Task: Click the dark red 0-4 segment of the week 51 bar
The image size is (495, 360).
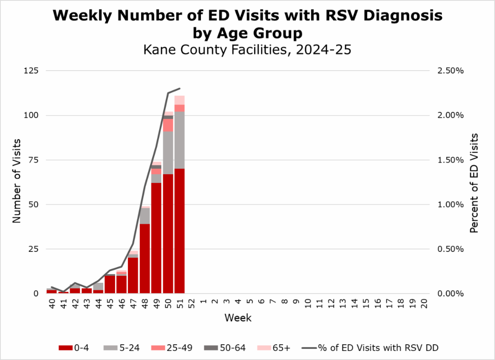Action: click(x=179, y=231)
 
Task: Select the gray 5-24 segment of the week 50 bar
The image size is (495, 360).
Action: click(x=168, y=153)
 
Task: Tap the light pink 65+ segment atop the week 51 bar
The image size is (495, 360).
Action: click(x=179, y=100)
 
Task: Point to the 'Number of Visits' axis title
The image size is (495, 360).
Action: click(x=16, y=182)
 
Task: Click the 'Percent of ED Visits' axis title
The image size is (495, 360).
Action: click(x=474, y=182)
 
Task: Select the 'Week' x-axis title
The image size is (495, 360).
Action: click(x=238, y=318)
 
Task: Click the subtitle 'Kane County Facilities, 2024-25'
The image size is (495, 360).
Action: click(x=247, y=50)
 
